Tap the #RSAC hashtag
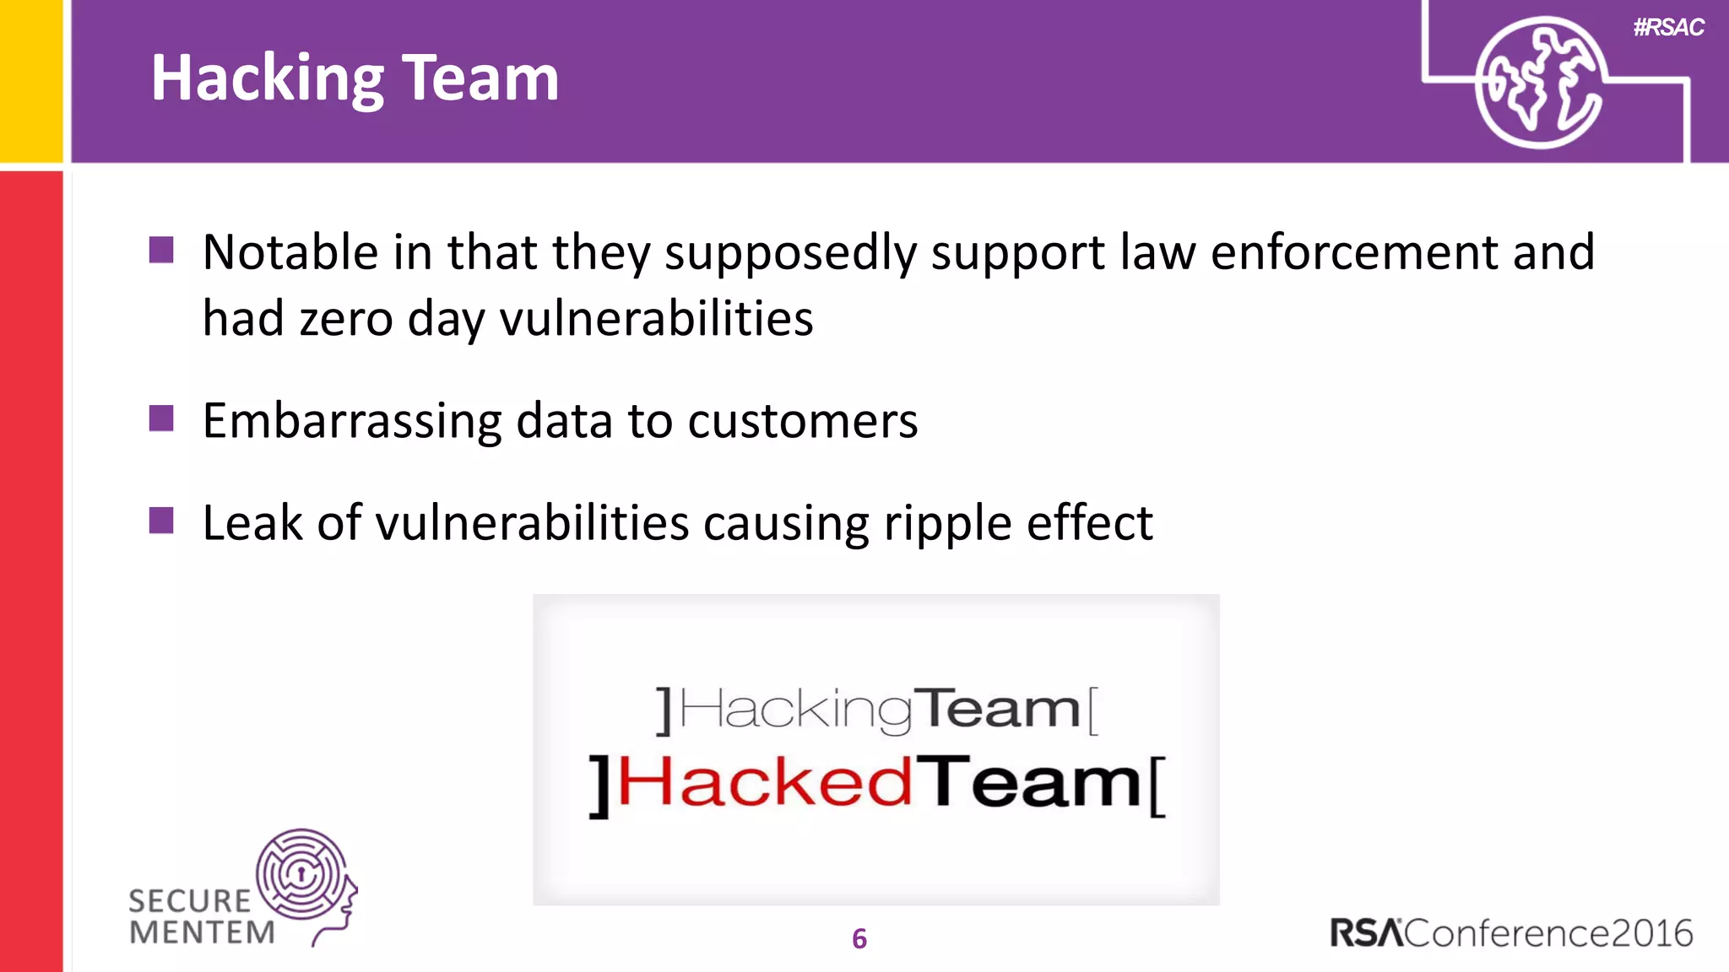pyautogui.click(x=1668, y=27)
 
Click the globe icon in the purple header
pyautogui.click(x=1540, y=83)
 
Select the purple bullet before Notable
pyautogui.click(x=161, y=250)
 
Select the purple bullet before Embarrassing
pyautogui.click(x=161, y=418)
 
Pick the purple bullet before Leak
pyautogui.click(x=161, y=521)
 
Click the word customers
pyautogui.click(x=802, y=421)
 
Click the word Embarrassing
pyautogui.click(x=352, y=421)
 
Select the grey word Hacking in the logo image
pyautogui.click(x=795, y=710)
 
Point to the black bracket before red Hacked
pyautogui.click(x=599, y=786)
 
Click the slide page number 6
pyautogui.click(x=859, y=938)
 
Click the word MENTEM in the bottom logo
pyautogui.click(x=203, y=933)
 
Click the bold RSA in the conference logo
pyautogui.click(x=1366, y=933)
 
